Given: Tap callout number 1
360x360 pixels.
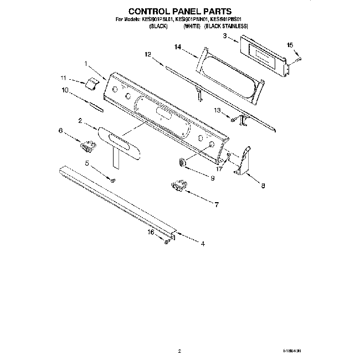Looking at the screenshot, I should (86, 64).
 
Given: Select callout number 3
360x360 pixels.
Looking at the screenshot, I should (225, 36).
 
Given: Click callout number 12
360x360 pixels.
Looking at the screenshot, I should (147, 54).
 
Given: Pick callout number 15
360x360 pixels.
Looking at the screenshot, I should (289, 45).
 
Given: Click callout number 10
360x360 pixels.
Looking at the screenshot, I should (65, 90).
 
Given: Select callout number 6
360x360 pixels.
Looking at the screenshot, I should (61, 131).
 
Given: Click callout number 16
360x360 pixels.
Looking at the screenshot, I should (150, 233).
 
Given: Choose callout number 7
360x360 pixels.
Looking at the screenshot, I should (217, 204).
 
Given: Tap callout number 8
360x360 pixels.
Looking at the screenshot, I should (263, 187).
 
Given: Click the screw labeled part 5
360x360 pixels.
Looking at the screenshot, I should (112, 179).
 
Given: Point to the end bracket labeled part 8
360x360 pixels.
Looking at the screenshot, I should (243, 161).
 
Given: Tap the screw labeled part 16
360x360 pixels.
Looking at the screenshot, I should (166, 240).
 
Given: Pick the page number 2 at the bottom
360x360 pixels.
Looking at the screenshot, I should (179, 351).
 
